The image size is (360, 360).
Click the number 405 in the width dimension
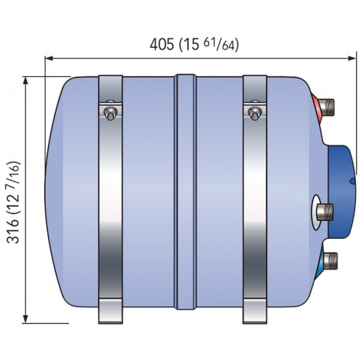click(x=163, y=45)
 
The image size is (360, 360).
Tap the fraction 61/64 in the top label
click(x=222, y=44)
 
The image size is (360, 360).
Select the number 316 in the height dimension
click(x=13, y=227)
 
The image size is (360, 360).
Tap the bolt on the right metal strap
click(x=254, y=114)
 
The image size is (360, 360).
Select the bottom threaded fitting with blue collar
click(x=331, y=259)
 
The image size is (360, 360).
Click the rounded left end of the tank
click(x=59, y=197)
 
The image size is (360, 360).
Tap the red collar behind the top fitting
click(x=318, y=105)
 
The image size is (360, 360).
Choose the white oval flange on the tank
click(x=316, y=210)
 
